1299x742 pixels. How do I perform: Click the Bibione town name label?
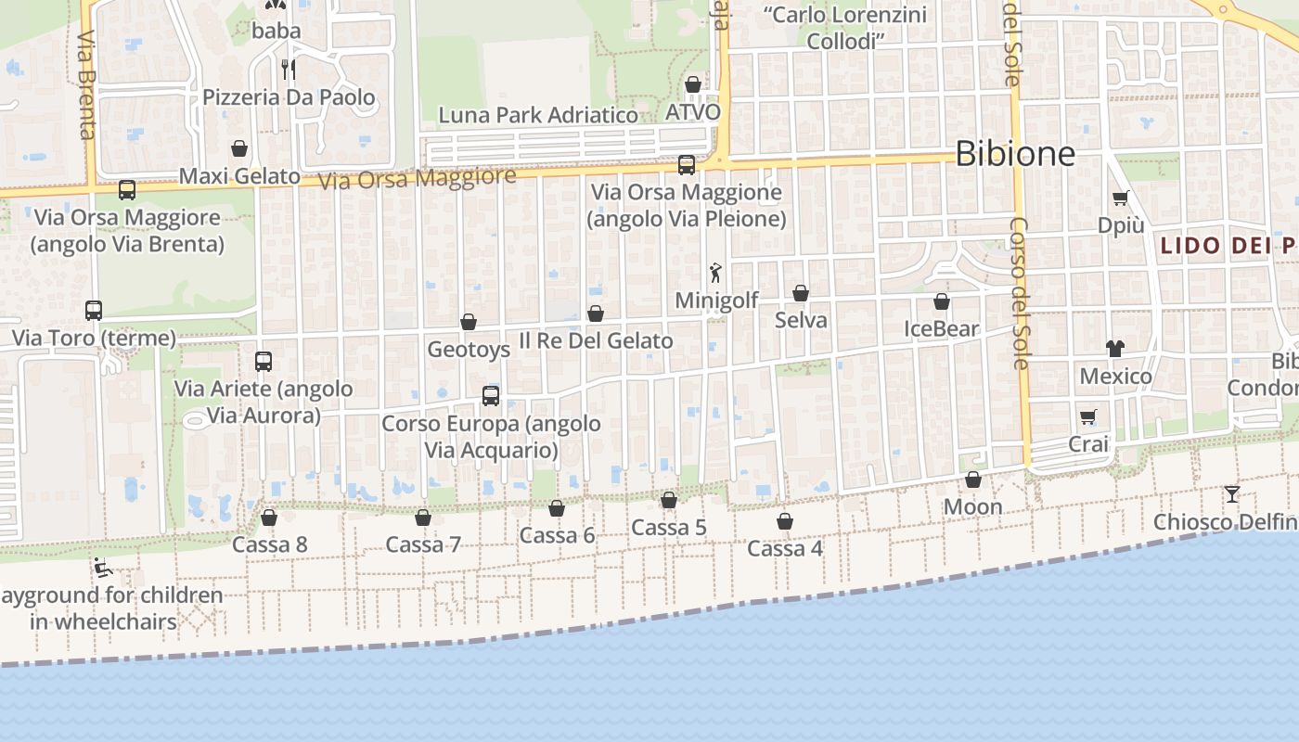click(1014, 153)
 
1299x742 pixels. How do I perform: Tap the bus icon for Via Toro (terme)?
click(94, 311)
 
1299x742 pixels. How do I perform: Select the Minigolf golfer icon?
click(715, 273)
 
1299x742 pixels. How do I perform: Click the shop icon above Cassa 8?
click(269, 518)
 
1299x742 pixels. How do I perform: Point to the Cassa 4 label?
click(784, 548)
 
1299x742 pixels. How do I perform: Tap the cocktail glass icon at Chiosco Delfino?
click(1231, 494)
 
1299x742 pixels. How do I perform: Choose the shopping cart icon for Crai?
click(1087, 417)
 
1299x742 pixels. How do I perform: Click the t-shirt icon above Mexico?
click(1115, 349)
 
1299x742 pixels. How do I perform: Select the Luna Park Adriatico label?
click(538, 115)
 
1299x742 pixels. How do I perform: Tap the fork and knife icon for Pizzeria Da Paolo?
click(289, 69)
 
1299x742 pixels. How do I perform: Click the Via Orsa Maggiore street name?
click(417, 178)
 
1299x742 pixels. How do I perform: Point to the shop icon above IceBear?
click(942, 301)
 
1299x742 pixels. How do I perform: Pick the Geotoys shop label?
click(469, 350)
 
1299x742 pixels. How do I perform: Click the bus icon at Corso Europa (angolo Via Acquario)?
click(491, 396)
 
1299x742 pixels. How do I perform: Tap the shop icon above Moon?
click(972, 480)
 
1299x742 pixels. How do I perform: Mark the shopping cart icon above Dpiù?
click(1121, 198)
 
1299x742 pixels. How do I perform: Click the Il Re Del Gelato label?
click(596, 340)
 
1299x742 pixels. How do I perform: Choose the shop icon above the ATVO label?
click(692, 85)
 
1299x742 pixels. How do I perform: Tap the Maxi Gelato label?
click(239, 176)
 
